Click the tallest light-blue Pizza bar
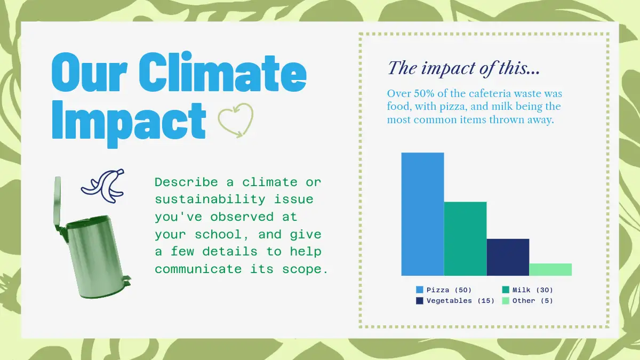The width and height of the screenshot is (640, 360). pos(422,214)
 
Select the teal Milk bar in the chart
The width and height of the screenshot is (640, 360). pos(465,239)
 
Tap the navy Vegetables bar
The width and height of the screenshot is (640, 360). pos(508,257)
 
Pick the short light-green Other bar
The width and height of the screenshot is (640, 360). pos(550,269)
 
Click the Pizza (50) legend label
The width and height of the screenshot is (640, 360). pos(449,290)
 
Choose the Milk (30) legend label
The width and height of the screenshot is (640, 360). pos(533,290)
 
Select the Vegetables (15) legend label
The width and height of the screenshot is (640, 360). pos(460,301)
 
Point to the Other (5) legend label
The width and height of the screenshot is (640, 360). pos(533,301)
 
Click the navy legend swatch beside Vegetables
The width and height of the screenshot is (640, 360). pos(419,301)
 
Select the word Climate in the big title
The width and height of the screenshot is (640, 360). pos(222,71)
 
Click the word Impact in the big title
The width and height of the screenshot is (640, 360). pos(129,123)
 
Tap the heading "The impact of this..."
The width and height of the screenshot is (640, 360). pos(463,69)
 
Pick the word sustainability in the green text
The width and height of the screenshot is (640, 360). pos(210,199)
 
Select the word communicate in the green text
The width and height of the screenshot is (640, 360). pos(198,269)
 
